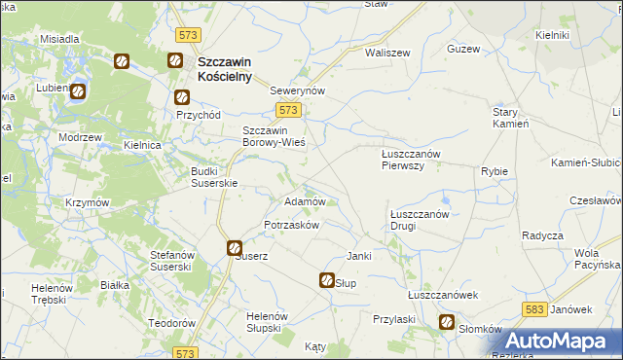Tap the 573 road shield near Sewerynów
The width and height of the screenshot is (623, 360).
tap(275, 111)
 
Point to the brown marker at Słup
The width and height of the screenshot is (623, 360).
tap(327, 280)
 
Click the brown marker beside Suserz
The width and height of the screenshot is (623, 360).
tap(235, 248)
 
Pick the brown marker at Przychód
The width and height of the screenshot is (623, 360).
tap(181, 97)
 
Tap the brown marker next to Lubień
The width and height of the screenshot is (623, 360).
tap(78, 92)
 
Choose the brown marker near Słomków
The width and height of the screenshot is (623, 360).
tap(447, 323)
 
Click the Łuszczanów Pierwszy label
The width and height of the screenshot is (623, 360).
tap(411, 159)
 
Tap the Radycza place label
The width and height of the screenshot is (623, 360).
tap(542, 235)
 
